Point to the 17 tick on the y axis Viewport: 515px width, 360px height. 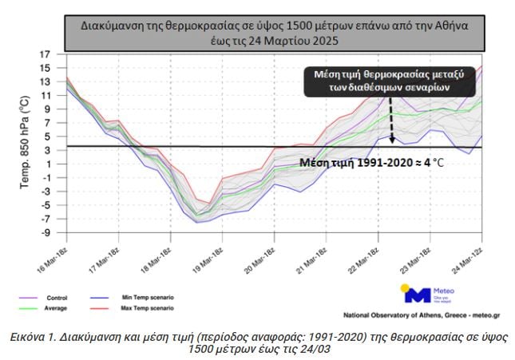[x=46, y=54]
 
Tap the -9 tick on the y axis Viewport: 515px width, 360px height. [x=46, y=233]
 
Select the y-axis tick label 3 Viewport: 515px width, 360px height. [x=48, y=150]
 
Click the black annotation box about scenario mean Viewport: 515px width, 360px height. [x=389, y=81]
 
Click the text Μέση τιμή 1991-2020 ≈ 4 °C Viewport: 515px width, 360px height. [x=372, y=162]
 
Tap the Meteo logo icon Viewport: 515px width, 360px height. [x=415, y=294]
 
